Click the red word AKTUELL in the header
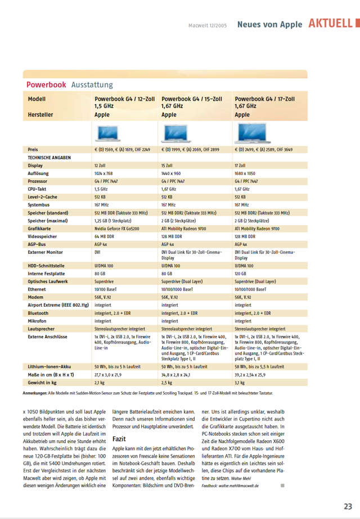(x=330, y=24)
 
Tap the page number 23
(x=348, y=506)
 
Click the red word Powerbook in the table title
(x=46, y=84)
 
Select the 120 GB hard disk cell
(x=241, y=273)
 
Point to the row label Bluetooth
(x=38, y=313)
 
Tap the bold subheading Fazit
(x=120, y=438)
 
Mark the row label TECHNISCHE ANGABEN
(x=49, y=158)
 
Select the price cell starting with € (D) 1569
(x=122, y=150)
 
